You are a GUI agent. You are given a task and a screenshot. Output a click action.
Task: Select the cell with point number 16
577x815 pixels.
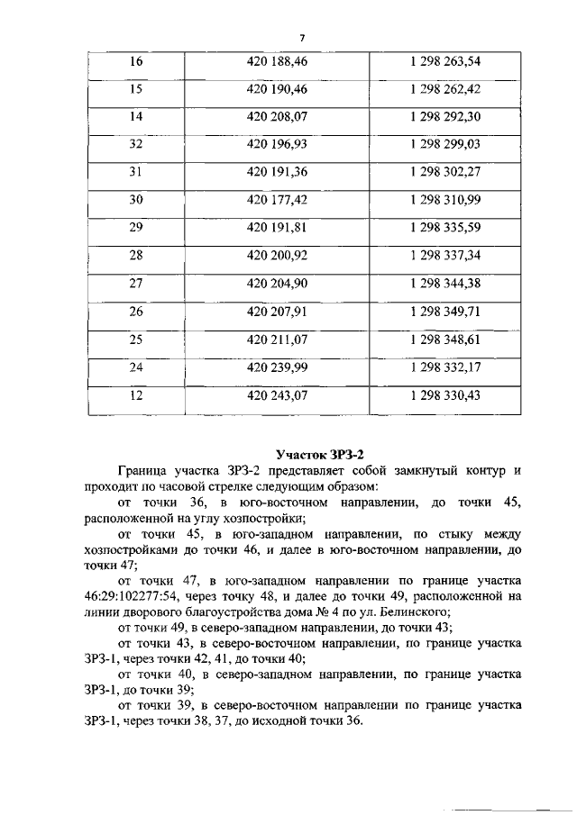(x=137, y=62)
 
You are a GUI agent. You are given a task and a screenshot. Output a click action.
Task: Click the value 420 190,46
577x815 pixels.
(x=276, y=89)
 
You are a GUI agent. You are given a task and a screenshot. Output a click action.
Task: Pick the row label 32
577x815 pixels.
(x=137, y=144)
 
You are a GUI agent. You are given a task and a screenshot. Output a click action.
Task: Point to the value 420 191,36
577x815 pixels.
(x=276, y=172)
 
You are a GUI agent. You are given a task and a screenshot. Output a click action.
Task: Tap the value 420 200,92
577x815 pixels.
(x=276, y=255)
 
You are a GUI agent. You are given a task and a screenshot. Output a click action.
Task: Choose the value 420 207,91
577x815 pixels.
(x=276, y=311)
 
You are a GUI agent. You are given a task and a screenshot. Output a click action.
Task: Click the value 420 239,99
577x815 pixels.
(x=276, y=367)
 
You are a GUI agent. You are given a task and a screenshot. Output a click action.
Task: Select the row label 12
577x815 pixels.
(x=137, y=394)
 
